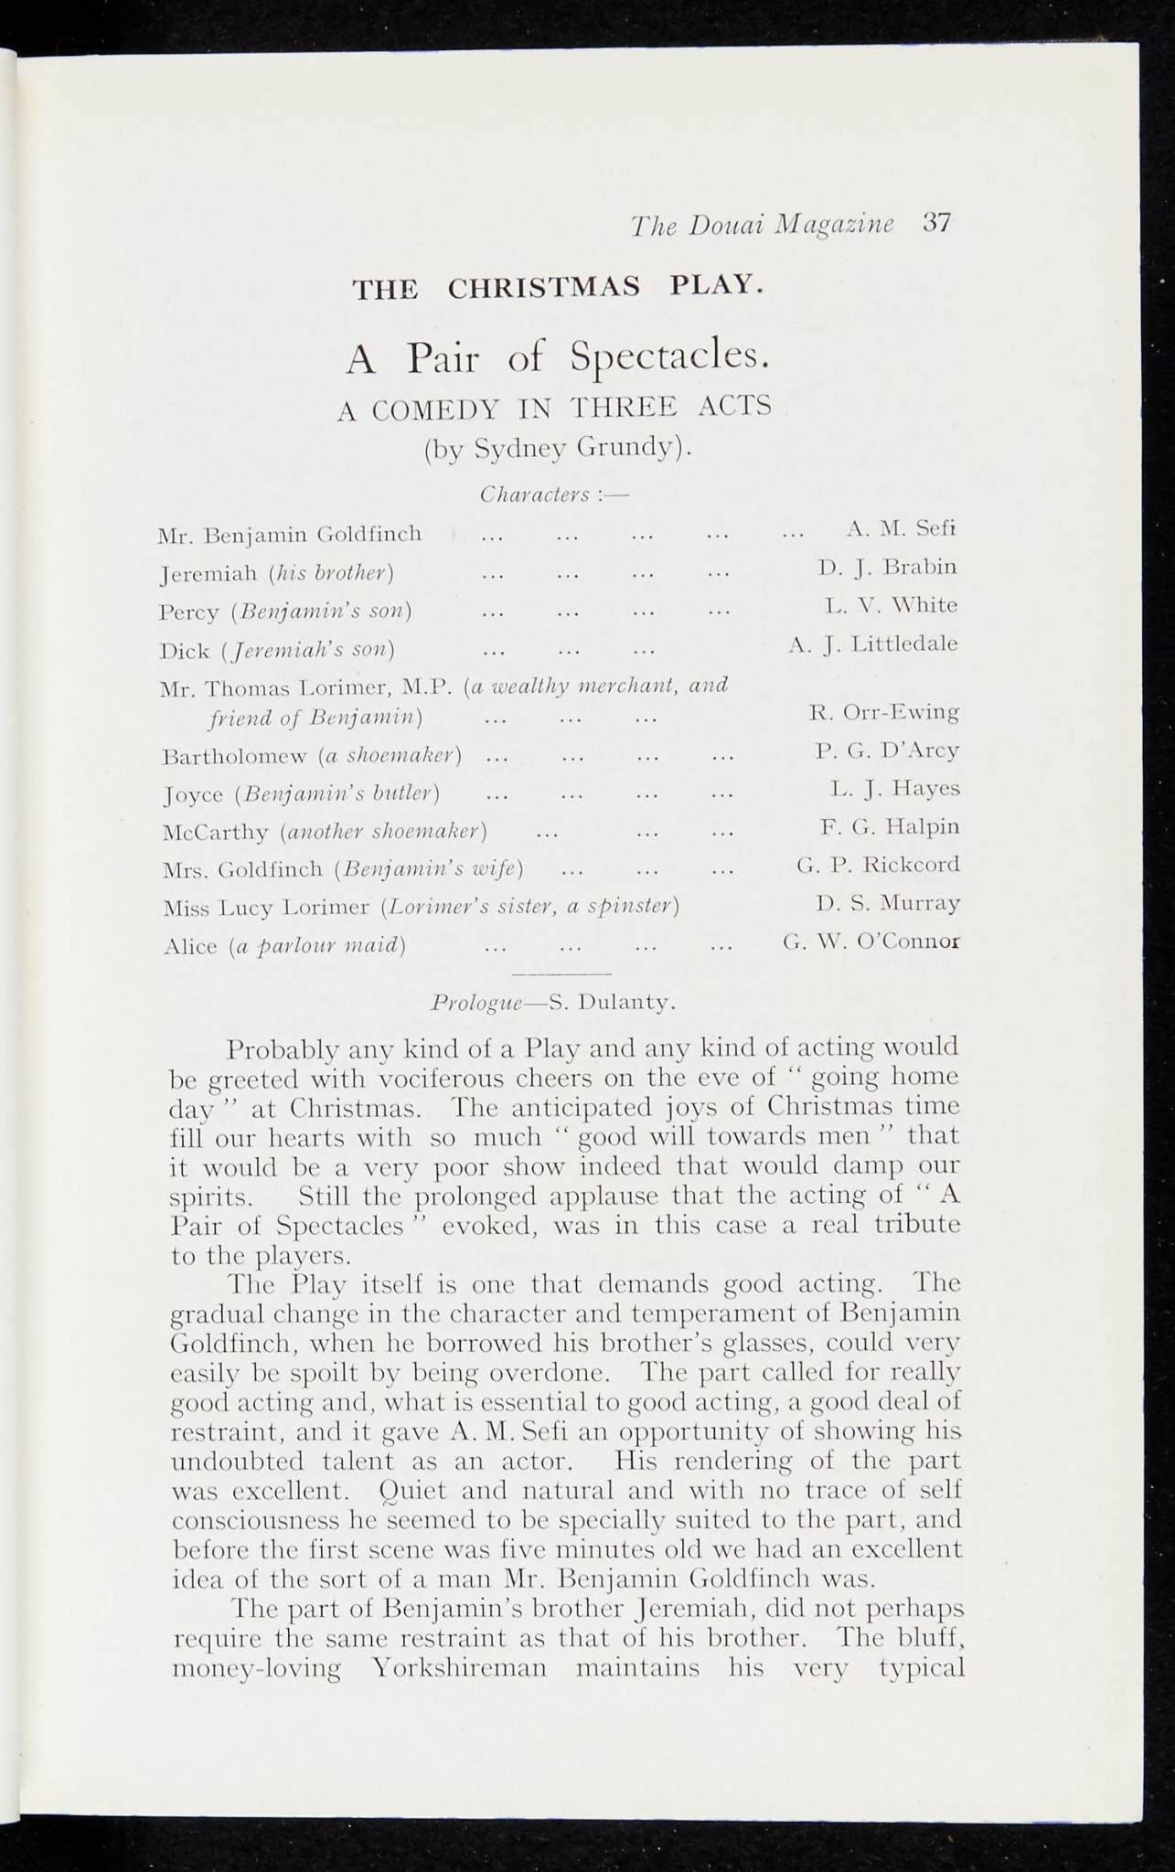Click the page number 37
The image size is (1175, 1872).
(937, 224)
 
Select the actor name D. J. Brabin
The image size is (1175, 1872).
(888, 567)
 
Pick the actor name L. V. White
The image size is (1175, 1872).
(891, 605)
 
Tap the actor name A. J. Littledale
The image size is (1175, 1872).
(873, 643)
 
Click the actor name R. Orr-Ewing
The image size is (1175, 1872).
(884, 711)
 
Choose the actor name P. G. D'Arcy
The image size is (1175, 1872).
(887, 750)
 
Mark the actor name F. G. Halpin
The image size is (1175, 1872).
(890, 826)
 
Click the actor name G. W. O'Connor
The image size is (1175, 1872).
(871, 941)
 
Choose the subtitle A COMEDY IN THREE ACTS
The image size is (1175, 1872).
(554, 408)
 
